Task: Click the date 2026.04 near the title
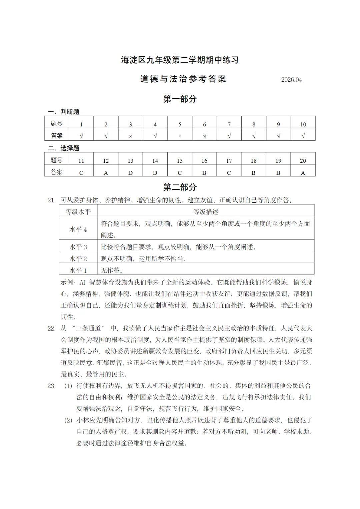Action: tap(291, 80)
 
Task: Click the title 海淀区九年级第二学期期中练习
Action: tap(180, 60)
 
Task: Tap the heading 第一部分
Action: tap(180, 99)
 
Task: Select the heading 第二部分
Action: tap(180, 187)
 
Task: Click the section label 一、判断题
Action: tap(64, 112)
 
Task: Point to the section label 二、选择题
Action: tap(64, 148)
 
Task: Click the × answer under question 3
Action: tap(130, 136)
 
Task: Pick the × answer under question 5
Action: tap(180, 136)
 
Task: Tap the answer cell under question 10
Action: tap(303, 136)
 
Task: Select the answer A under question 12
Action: tap(106, 173)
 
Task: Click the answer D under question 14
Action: tap(155, 173)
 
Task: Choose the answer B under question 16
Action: tap(204, 173)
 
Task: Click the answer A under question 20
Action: tap(303, 173)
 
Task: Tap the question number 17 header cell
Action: tap(229, 161)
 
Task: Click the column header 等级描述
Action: tap(206, 212)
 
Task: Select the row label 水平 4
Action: tap(78, 229)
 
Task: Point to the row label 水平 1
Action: tap(78, 270)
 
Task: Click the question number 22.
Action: tap(51, 328)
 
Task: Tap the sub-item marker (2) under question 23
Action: tap(68, 420)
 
